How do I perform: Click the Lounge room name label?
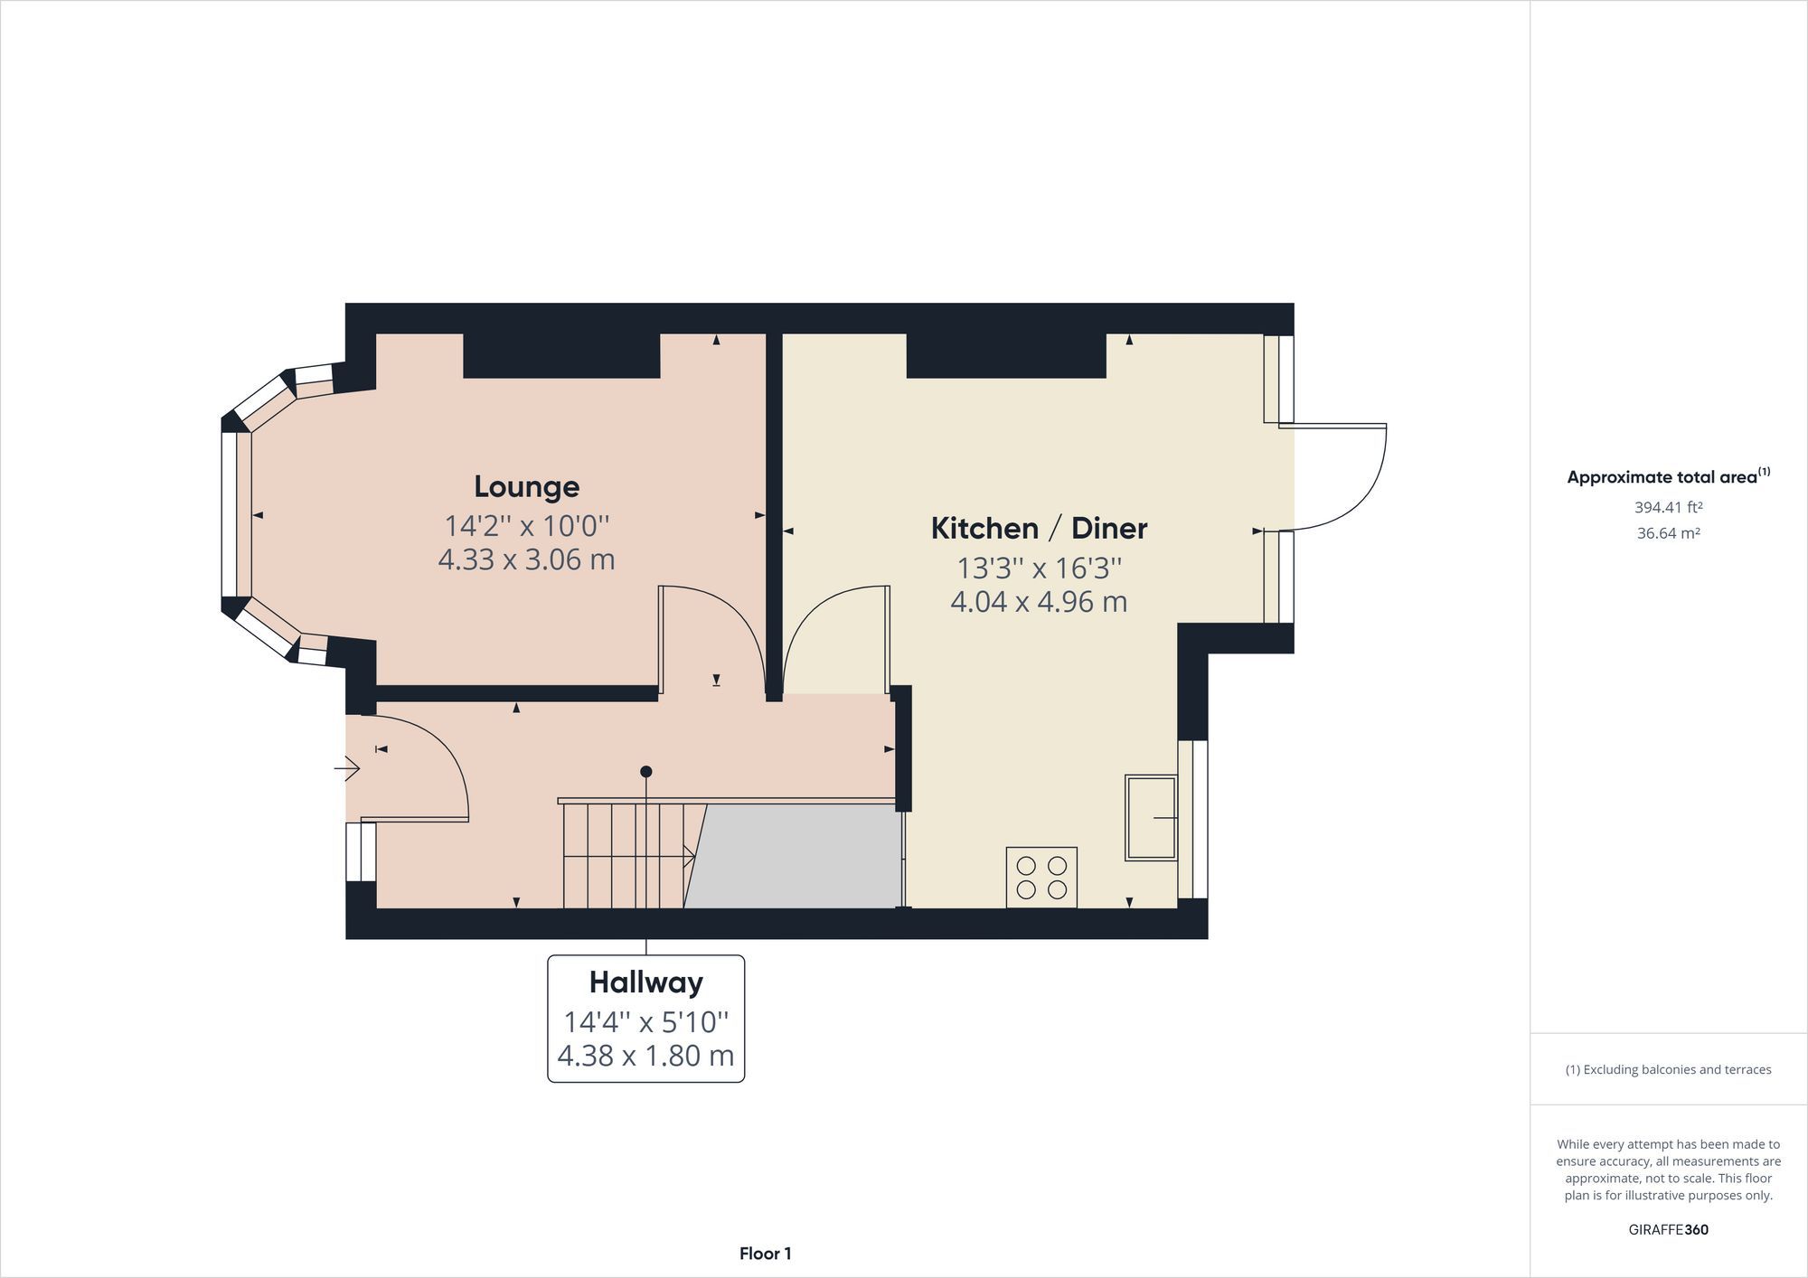click(x=526, y=487)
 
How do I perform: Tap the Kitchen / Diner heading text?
click(x=1039, y=529)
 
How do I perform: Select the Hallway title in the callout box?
click(x=645, y=982)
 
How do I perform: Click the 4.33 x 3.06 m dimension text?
click(x=526, y=559)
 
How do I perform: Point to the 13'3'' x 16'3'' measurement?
click(x=1039, y=569)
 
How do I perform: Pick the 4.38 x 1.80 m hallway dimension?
click(x=645, y=1056)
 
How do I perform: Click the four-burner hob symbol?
click(x=1041, y=877)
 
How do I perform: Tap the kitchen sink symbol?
click(x=1151, y=817)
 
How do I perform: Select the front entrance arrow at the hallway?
click(x=347, y=769)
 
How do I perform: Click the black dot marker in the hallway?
click(x=645, y=772)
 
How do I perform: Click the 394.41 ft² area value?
click(x=1668, y=507)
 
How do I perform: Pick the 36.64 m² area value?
click(x=1668, y=533)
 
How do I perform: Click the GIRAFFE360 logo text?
click(x=1668, y=1229)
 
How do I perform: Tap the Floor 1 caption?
click(x=765, y=1254)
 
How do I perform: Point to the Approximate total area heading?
click(x=1668, y=477)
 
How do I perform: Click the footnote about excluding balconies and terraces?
click(x=1668, y=1069)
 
